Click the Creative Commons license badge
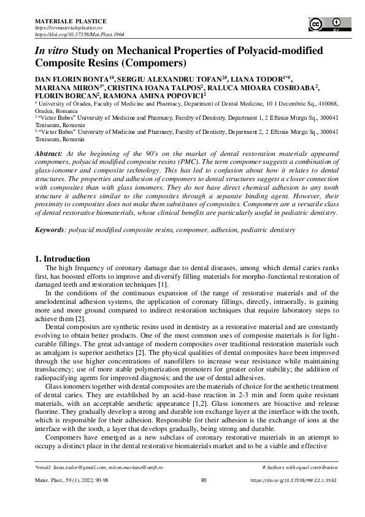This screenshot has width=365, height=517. click(x=325, y=24)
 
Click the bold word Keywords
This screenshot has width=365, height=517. click(x=52, y=230)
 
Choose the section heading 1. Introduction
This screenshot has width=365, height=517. click(x=63, y=258)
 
